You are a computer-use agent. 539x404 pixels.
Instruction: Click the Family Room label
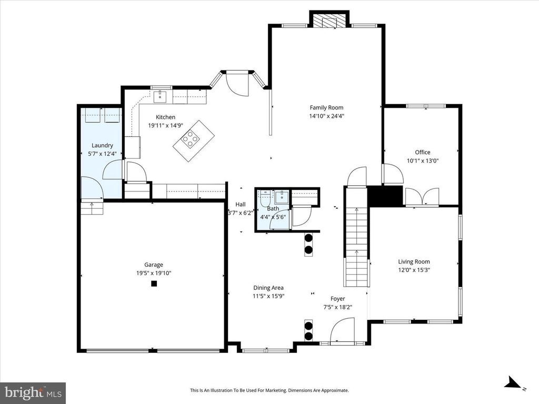(326, 108)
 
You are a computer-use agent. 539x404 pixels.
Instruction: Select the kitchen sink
(161, 96)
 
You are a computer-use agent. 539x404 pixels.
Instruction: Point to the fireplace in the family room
(330, 21)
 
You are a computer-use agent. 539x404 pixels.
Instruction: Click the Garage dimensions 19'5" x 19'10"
(154, 273)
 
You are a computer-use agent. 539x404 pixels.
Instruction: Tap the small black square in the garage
(154, 284)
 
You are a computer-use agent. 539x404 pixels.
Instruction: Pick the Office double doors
(421, 197)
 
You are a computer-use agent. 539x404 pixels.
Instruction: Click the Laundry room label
(102, 146)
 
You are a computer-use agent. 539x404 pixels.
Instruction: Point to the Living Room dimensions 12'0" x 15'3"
(414, 270)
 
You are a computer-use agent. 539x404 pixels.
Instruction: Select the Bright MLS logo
(33, 392)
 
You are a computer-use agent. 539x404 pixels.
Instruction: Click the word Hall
(241, 205)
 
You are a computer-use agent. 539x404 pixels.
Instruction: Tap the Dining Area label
(268, 288)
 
